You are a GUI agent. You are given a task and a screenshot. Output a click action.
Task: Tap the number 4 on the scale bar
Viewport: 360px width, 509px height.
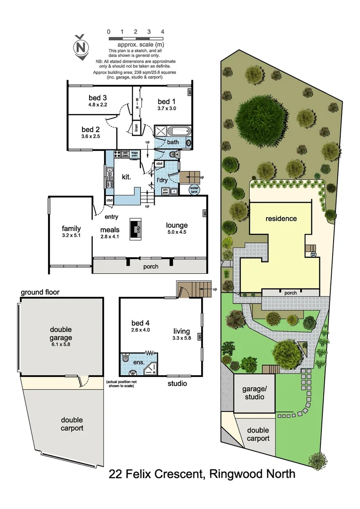coord(163,32)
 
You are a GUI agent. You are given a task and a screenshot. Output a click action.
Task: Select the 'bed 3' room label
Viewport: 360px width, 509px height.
coord(98,98)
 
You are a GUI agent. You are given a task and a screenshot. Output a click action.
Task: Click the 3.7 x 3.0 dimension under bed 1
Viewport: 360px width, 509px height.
coord(166,108)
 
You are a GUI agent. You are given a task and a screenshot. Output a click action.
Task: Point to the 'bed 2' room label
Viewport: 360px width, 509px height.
coord(90,129)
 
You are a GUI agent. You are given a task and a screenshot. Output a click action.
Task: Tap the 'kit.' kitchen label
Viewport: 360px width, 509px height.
coord(126,177)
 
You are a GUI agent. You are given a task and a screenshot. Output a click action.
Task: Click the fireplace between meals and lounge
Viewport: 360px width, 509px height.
coord(137,230)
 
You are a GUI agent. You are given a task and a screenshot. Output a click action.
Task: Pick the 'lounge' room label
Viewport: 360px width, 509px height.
coord(177,225)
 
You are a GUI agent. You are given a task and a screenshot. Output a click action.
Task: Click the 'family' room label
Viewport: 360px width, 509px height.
coord(72,229)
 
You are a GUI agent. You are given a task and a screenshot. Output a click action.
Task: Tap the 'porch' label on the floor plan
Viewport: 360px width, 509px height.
coord(151,267)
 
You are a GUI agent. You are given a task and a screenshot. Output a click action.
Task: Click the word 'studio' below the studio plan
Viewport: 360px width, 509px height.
coord(177,384)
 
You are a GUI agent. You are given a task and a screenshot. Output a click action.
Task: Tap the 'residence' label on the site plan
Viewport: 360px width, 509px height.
coord(281,219)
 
